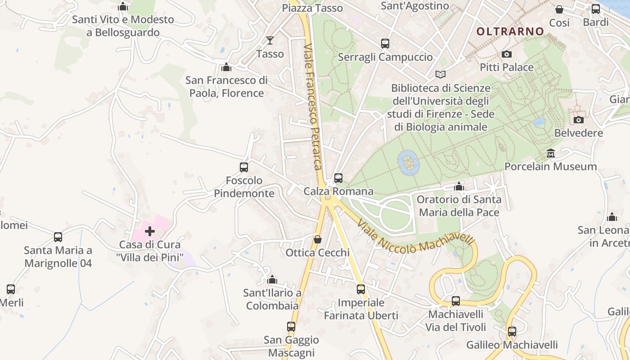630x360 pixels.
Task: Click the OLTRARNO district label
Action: coord(510,31)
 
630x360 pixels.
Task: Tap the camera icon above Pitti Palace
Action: coord(507,54)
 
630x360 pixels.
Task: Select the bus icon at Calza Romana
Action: coord(338,178)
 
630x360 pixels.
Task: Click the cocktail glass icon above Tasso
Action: coord(270,40)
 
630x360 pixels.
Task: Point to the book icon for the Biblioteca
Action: coord(441,75)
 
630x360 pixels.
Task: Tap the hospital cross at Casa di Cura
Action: coord(150,231)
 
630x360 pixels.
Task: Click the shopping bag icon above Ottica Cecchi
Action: coord(318,239)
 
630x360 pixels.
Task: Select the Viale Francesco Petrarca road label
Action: coord(314,107)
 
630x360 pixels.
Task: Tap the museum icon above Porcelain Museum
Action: coord(550,153)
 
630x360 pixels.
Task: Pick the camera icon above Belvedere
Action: coord(579,120)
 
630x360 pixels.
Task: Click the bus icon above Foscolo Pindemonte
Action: coord(244,167)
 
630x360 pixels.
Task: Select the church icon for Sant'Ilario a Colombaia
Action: coord(272,280)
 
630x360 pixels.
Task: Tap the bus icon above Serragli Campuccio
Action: coord(385,44)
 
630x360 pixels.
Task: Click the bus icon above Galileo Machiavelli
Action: coord(512,332)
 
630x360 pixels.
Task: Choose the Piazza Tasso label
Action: coord(312,8)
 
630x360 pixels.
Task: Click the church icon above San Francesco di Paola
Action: coord(226,67)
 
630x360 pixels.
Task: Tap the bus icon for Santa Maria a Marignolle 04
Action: coord(58,237)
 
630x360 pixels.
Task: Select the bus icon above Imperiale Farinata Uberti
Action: coord(361,289)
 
